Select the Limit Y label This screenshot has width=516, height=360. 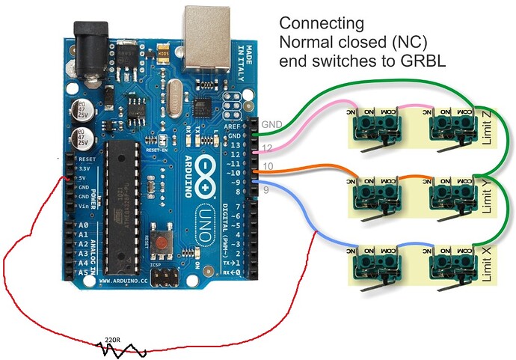pyautogui.click(x=485, y=196)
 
